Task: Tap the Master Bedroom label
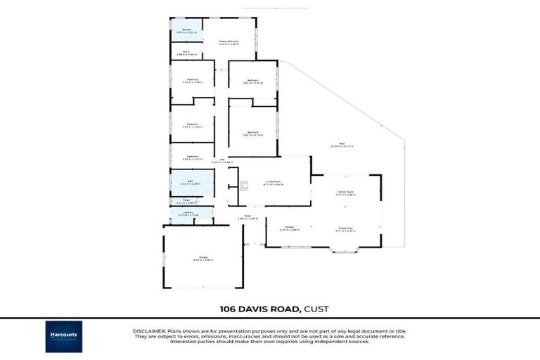tap(229, 41)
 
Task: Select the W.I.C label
tap(186, 51)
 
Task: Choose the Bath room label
tap(190, 181)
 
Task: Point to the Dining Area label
tap(345, 227)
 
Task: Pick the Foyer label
tap(247, 216)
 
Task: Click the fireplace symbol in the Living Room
tap(244, 186)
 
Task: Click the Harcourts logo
tap(64, 336)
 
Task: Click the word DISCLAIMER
tap(148, 330)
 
